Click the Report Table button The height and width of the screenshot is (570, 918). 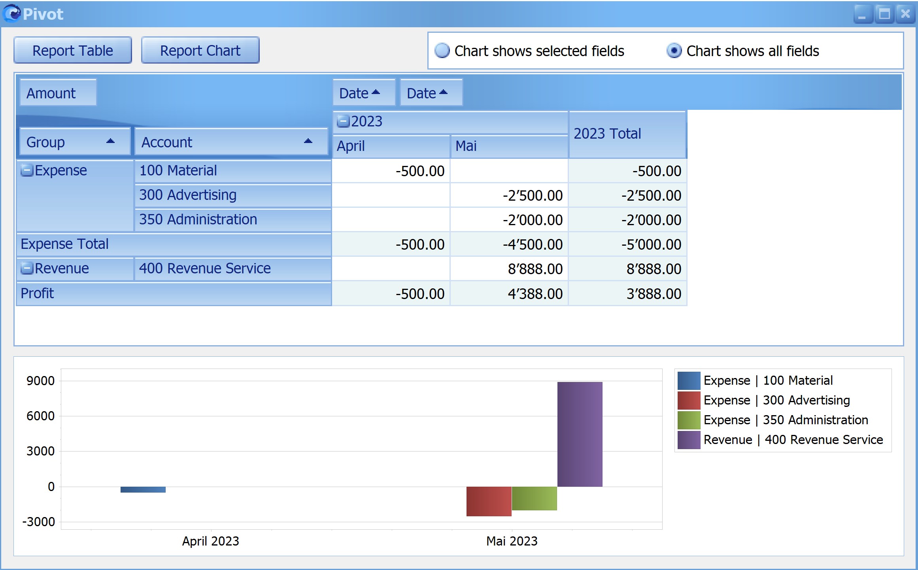(73, 50)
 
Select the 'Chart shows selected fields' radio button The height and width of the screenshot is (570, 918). (442, 51)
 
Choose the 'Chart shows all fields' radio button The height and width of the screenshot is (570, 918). (674, 51)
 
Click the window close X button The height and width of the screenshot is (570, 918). (905, 14)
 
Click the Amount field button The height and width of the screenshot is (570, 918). (58, 93)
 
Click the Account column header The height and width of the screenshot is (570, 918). (231, 142)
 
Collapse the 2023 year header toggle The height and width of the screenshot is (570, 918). (343, 121)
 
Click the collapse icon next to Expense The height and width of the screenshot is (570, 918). (27, 171)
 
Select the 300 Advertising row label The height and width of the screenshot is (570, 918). (188, 195)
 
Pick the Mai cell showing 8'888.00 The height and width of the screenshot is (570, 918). (509, 269)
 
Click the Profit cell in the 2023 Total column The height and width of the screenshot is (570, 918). (628, 293)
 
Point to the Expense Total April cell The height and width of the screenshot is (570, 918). (391, 245)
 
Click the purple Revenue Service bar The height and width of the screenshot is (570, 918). (580, 434)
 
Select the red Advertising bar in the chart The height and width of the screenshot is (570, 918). (489, 501)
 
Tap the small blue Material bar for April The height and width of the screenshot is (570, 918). (143, 489)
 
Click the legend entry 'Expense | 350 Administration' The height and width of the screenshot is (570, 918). (786, 420)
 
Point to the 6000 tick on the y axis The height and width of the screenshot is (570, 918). (40, 416)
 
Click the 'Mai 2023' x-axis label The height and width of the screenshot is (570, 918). (512, 541)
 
